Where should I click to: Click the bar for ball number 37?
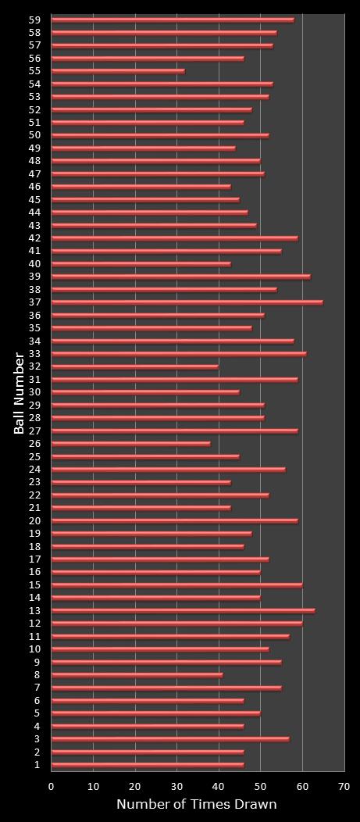187,302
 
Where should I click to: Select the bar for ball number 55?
118,71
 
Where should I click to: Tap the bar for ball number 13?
184,610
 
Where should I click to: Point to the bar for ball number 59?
173,20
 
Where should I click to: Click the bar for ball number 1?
148,765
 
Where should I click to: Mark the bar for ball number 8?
137,675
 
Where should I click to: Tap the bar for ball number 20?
175,520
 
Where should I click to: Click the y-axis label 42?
34,238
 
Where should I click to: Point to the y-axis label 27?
34,431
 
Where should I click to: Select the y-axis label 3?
37,739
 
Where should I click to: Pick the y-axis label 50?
34,135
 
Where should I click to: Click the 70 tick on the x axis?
344,787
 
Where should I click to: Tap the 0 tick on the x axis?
52,787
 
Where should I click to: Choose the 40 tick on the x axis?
219,787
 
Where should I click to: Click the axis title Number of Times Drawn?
197,805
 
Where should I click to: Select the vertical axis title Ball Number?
19,392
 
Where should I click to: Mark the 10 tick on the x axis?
94,787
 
